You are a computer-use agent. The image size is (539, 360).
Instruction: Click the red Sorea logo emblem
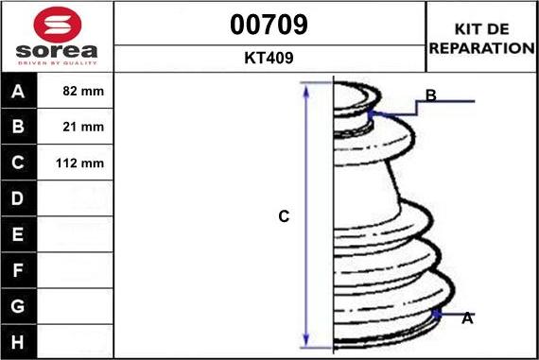coord(58,25)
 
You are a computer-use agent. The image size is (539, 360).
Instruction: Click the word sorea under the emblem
coord(57,51)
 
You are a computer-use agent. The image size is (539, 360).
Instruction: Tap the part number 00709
coord(269,25)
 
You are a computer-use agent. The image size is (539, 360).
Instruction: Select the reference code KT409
coord(269,58)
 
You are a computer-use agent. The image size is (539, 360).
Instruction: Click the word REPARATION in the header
coord(482,48)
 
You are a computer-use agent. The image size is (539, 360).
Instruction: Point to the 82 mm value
coord(83,91)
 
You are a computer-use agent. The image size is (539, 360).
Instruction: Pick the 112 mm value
coord(79,163)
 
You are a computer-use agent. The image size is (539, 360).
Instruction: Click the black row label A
coord(18,92)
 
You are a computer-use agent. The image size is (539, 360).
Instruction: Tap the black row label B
coord(18,127)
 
